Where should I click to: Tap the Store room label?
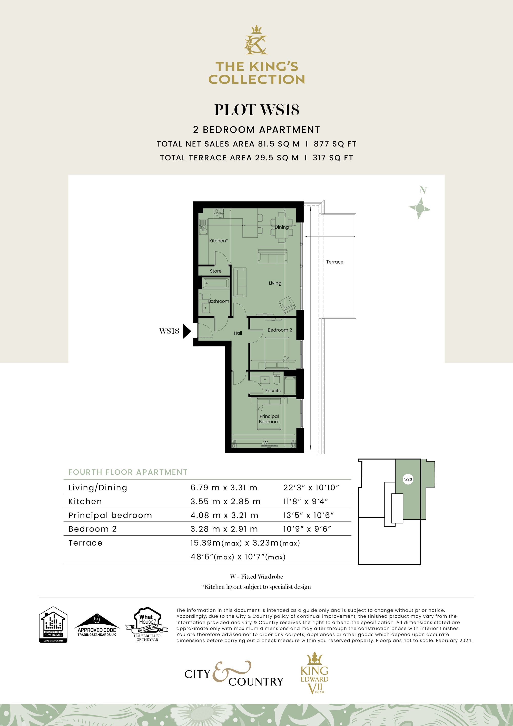[x=215, y=271]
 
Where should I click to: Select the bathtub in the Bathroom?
[x=215, y=283]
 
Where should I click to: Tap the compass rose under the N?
[x=420, y=208]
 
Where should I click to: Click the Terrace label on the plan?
[x=335, y=262]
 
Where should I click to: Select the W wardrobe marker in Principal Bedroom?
[x=265, y=443]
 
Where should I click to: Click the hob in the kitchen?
[x=219, y=213]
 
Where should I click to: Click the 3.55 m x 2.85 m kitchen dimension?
[x=225, y=501]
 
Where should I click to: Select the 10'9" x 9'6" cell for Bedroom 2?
[x=307, y=529]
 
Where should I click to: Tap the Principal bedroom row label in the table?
[x=110, y=515]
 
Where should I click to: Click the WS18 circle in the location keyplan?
[x=408, y=479]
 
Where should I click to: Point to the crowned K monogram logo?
[x=256, y=40]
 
